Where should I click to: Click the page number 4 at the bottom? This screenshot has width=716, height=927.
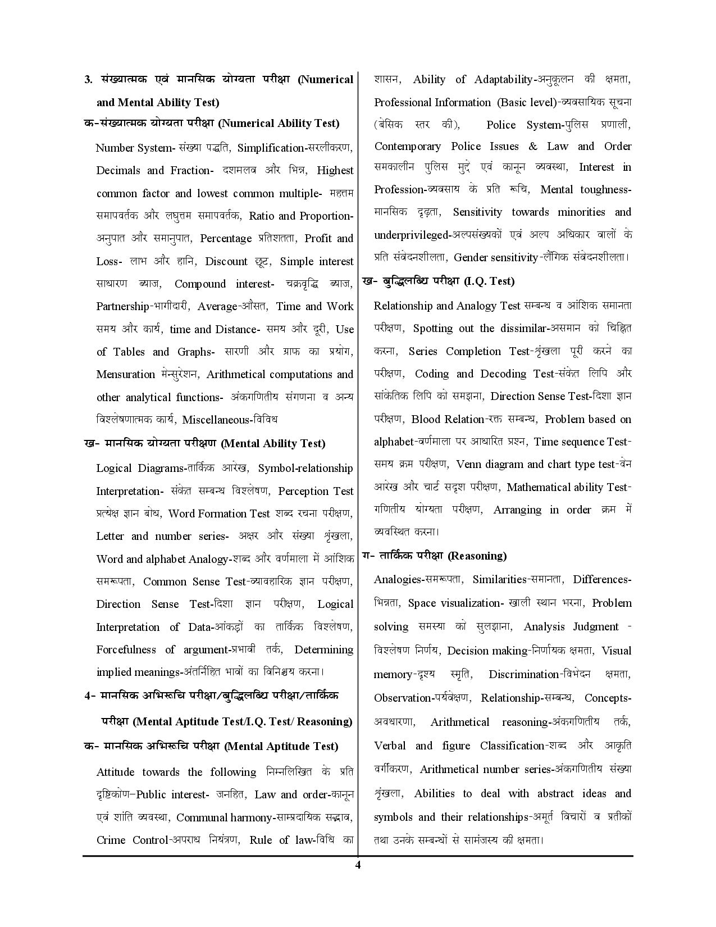[358, 865]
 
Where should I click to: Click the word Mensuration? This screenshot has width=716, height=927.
[126, 374]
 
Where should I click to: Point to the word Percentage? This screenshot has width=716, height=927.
[226, 238]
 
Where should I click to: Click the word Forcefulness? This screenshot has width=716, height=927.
[126, 649]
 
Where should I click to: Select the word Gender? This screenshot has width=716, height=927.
[471, 257]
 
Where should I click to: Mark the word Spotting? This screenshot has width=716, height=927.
[433, 328]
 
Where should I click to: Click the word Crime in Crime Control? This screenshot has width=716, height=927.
[111, 840]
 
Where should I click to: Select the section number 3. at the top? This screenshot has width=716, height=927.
[89, 79]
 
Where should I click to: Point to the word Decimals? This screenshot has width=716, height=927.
[118, 171]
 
